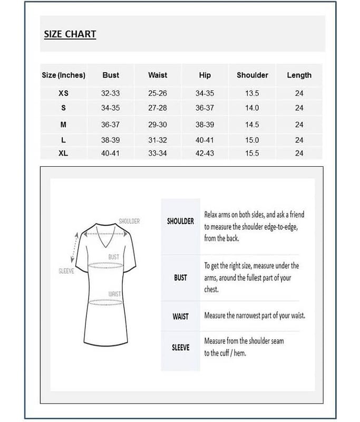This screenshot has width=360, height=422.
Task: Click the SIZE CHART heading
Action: (x=70, y=34)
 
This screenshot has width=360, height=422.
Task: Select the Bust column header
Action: (x=111, y=75)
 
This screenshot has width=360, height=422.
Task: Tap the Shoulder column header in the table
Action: (x=252, y=75)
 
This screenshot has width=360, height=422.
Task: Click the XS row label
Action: (x=63, y=93)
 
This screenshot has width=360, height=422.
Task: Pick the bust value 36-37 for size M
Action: (x=110, y=124)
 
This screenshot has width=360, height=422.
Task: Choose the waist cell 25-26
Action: (x=158, y=93)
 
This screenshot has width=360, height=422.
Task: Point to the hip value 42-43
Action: (x=205, y=153)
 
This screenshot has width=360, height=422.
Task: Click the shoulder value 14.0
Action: (x=252, y=108)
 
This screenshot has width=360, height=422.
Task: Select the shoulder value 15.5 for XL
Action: (x=252, y=153)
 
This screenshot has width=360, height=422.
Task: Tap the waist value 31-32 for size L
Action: (x=158, y=140)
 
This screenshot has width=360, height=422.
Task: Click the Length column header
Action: (x=299, y=75)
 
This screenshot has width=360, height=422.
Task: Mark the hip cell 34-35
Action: (x=205, y=93)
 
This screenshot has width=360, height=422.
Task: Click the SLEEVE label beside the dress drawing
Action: (x=66, y=271)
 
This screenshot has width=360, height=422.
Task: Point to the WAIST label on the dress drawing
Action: (x=114, y=294)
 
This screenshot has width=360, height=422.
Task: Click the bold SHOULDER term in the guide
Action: (x=180, y=222)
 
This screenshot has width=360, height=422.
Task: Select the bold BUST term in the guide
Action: (x=180, y=277)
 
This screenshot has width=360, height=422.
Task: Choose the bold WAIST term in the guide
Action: (x=180, y=316)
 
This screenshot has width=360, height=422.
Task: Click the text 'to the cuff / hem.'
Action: (x=225, y=353)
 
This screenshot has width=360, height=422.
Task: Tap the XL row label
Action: (x=63, y=153)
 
